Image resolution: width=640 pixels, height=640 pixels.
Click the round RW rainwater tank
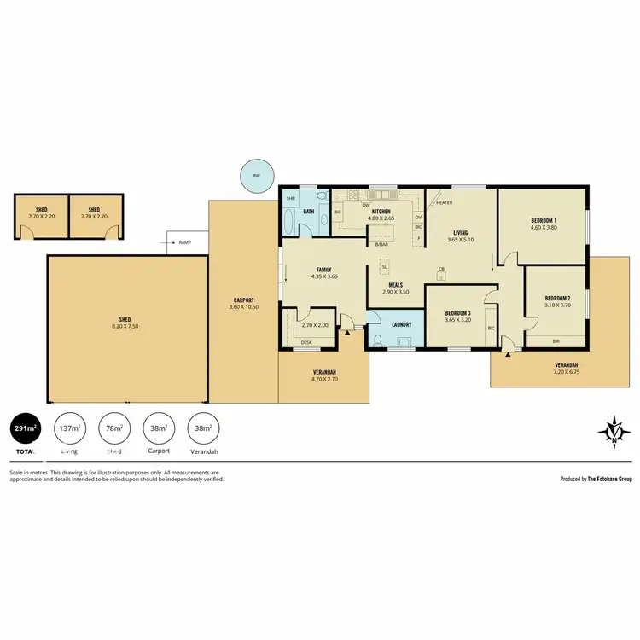tap(255, 177)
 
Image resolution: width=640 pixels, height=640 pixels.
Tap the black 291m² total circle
tap(25, 428)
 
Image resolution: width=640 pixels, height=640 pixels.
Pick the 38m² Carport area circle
tap(158, 428)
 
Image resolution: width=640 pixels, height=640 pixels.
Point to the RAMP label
tap(184, 242)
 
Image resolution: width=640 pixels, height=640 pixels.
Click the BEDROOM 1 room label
tap(543, 220)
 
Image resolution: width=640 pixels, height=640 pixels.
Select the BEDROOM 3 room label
tap(458, 313)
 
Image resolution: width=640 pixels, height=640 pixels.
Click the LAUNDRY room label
tap(402, 324)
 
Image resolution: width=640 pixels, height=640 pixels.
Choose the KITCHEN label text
tap(381, 211)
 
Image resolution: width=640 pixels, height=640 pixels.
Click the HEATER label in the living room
tap(445, 203)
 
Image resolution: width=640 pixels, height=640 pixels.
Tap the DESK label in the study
tap(306, 343)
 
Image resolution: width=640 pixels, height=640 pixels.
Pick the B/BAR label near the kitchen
tap(382, 245)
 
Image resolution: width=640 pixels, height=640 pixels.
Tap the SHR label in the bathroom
tap(290, 198)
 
